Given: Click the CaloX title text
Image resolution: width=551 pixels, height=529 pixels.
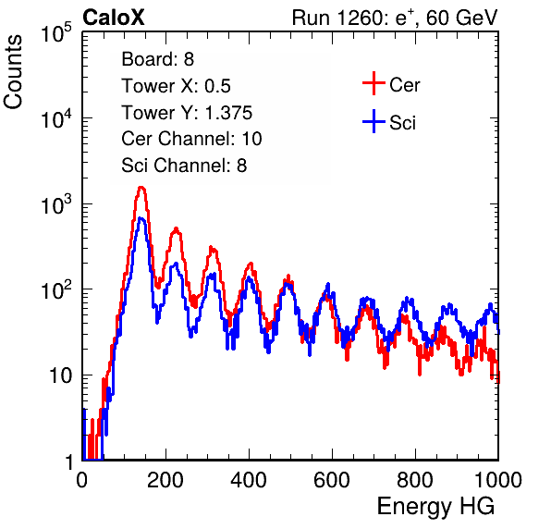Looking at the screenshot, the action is click(114, 18).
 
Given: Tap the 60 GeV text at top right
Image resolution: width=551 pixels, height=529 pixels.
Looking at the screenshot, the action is click(461, 18).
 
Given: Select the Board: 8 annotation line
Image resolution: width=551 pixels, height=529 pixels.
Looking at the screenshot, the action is click(158, 59).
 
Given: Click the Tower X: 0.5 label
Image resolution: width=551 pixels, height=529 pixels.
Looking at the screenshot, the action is click(176, 86).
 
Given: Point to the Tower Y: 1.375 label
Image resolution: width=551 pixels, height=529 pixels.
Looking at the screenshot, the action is click(187, 113).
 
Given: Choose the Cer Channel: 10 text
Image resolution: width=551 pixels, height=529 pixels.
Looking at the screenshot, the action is click(191, 139).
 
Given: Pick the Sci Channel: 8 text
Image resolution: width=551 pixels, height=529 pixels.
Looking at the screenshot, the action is click(184, 166).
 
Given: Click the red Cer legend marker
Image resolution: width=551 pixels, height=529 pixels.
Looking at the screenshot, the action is click(373, 83).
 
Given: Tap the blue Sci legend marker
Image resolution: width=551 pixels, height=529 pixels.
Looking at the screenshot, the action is click(373, 121).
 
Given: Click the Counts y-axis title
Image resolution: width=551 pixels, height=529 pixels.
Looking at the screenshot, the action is click(13, 72).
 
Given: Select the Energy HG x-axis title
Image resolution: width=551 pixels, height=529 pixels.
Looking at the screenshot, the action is click(435, 507).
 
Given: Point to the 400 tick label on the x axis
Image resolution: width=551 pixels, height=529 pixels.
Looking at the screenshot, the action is click(249, 480).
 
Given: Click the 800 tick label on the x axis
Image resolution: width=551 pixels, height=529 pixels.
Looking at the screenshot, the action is click(415, 480).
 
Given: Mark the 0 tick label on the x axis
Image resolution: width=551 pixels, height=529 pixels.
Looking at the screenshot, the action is click(82, 480).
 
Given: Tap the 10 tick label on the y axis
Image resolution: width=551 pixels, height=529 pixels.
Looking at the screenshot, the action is click(61, 375).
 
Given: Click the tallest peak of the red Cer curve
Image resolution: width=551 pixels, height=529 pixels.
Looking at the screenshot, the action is click(141, 188).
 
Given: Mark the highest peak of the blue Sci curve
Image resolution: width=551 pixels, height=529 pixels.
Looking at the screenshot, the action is click(141, 218).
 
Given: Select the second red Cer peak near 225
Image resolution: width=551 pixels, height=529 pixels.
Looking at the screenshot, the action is click(176, 228).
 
